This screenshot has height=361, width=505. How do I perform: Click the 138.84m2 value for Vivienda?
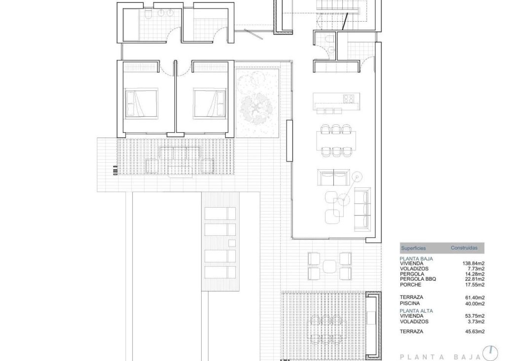[x=473, y=263]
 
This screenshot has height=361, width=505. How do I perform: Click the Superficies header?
[x=413, y=248]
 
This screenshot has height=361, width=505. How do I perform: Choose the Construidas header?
[x=464, y=248]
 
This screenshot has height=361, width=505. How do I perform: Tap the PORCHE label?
[x=410, y=285]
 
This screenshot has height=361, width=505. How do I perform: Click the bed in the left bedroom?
[x=141, y=102]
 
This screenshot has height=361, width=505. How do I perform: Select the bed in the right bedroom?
[x=209, y=102]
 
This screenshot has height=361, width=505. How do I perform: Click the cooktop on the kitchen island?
[x=348, y=98]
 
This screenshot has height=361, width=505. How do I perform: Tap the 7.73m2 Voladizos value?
[x=475, y=269]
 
